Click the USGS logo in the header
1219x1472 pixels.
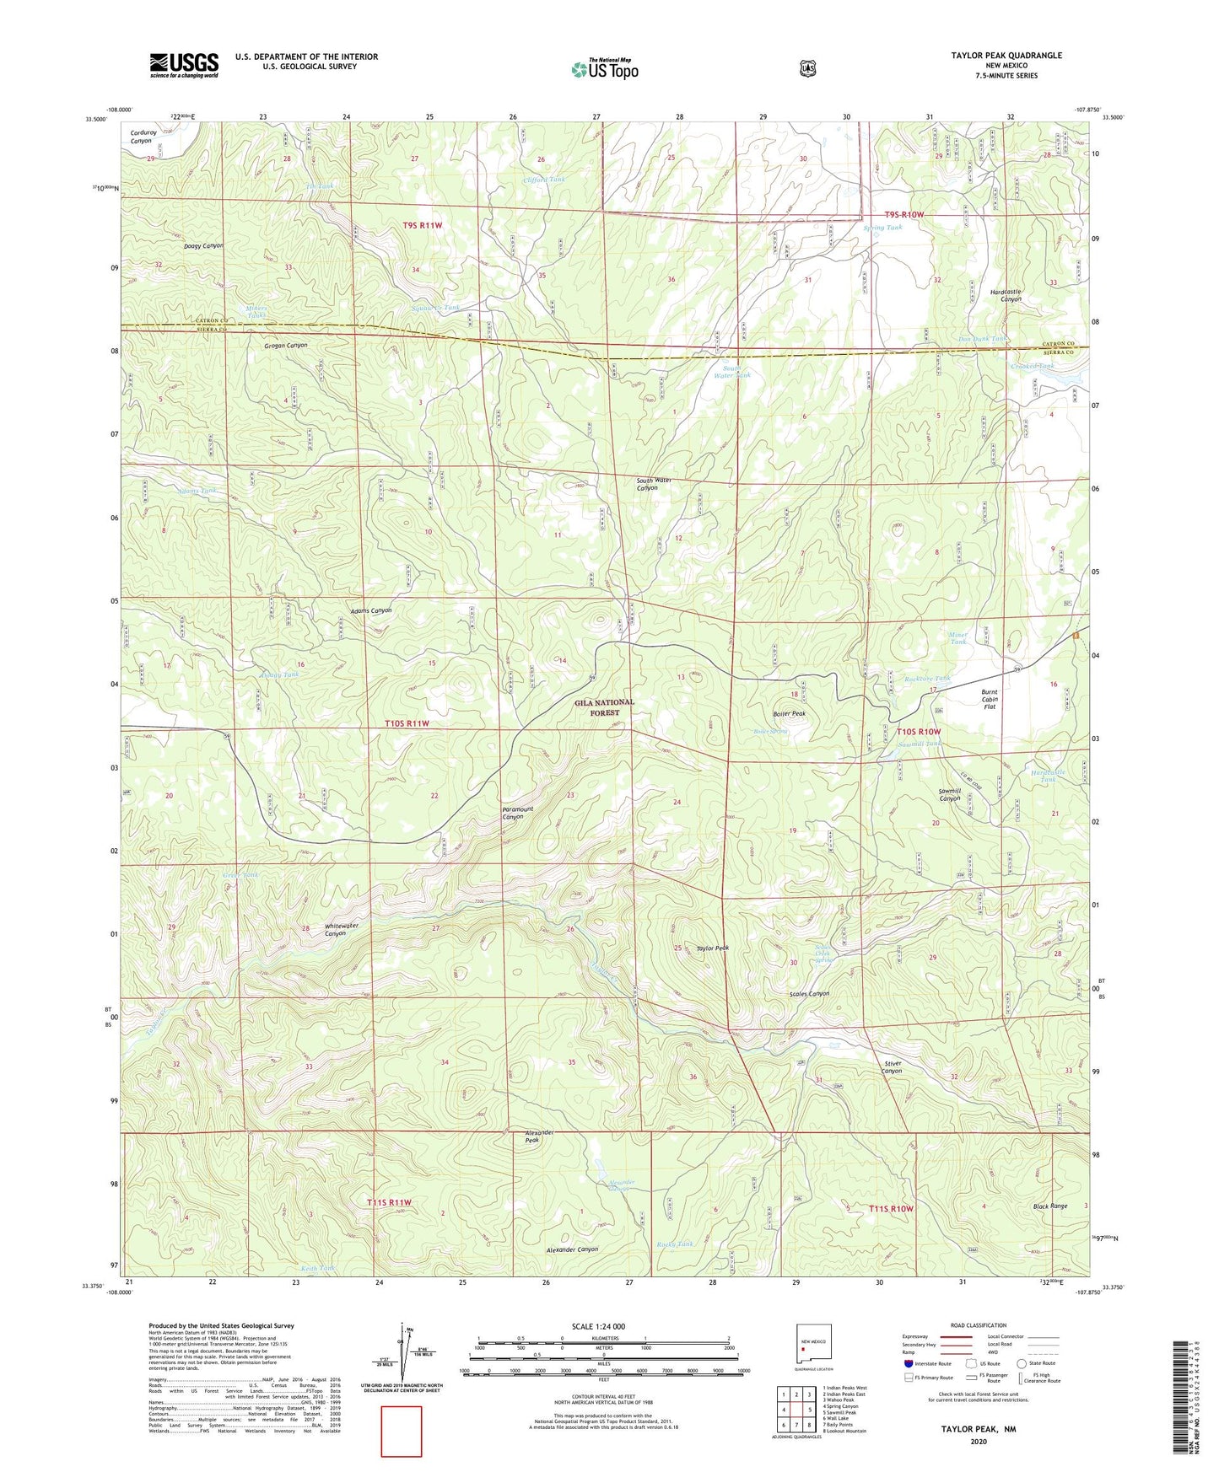pos(184,65)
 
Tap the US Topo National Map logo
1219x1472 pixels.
pos(604,69)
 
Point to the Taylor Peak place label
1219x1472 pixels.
pos(712,948)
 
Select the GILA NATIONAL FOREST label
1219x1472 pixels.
pos(604,707)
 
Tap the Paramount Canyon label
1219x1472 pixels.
pos(517,814)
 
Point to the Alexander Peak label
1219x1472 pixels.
pos(538,1136)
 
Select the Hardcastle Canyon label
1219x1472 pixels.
pos(1005,295)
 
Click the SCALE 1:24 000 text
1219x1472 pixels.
pos(598,1326)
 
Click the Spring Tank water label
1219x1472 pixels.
pos(882,228)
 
